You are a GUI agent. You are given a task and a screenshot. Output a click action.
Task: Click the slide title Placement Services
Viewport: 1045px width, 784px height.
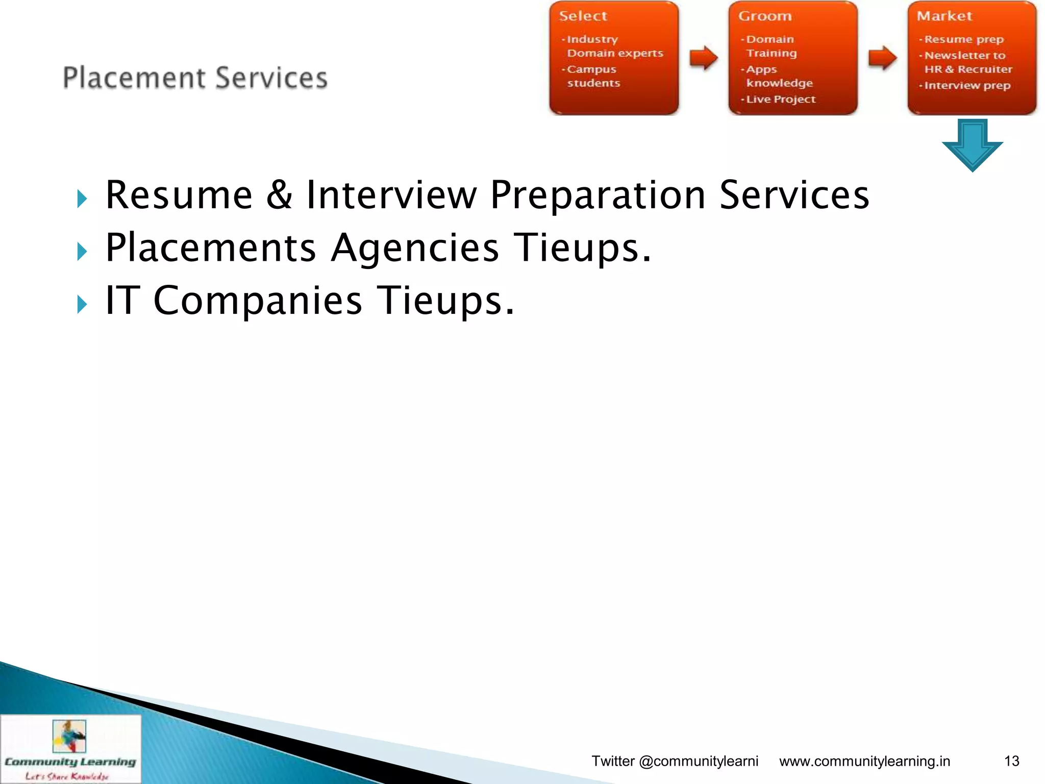coord(195,78)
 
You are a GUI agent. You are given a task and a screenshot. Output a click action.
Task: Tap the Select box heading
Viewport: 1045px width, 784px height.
coord(583,16)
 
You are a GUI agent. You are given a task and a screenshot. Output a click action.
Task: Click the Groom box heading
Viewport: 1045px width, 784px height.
coord(765,16)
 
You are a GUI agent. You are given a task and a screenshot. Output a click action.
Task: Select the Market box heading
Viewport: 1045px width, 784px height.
coord(944,16)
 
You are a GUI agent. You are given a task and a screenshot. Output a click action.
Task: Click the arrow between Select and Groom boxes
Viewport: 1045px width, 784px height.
coord(704,57)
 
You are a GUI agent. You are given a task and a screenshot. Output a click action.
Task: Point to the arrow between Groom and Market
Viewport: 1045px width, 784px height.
coord(882,57)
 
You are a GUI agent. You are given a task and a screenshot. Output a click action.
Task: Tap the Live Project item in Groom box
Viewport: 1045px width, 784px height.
coord(781,99)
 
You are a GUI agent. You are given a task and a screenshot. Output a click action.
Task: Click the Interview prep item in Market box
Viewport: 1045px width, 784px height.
coord(967,85)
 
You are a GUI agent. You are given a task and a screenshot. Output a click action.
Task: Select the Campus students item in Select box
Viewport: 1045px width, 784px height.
coord(592,76)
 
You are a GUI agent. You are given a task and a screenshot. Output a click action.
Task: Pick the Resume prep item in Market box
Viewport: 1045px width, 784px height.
coord(964,39)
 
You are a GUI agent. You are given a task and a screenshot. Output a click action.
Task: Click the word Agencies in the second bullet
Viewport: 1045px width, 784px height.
coord(414,248)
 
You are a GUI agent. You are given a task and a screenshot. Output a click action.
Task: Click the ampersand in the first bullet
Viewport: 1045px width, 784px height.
coord(279,195)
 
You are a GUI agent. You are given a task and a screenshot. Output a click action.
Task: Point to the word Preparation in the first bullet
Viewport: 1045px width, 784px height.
coord(598,196)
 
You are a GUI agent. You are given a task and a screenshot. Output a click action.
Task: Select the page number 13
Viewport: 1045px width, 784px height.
coord(1011,761)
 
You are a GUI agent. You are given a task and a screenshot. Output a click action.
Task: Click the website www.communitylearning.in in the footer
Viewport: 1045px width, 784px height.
coord(864,761)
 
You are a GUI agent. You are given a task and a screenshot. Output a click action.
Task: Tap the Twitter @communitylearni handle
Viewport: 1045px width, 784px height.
coord(675,761)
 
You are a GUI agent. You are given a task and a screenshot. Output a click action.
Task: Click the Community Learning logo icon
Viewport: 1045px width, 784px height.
coord(69,736)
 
